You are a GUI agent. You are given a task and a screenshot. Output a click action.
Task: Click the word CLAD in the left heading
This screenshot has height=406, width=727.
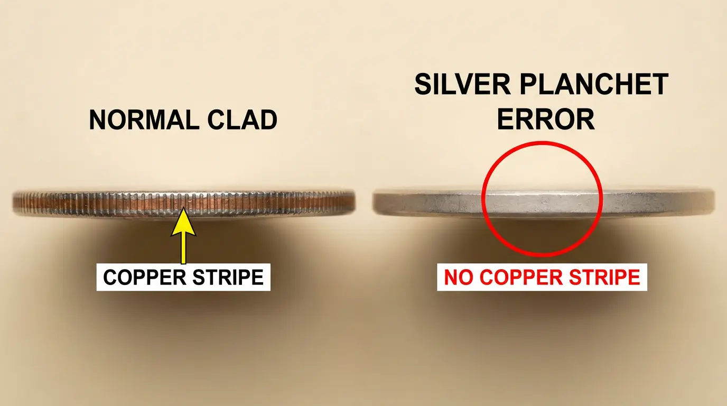(x=243, y=119)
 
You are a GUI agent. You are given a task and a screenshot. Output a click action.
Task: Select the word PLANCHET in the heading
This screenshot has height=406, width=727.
(x=594, y=84)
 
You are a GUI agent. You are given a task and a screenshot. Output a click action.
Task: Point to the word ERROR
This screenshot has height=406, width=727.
(x=546, y=119)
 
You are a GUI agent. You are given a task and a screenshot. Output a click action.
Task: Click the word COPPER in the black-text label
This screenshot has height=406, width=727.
(x=144, y=277)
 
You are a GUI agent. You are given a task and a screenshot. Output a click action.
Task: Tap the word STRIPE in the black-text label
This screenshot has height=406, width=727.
(x=228, y=277)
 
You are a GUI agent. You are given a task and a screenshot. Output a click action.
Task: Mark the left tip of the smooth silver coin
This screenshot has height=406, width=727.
(x=373, y=202)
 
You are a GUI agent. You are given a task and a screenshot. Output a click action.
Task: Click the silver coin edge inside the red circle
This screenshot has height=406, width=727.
(x=542, y=202)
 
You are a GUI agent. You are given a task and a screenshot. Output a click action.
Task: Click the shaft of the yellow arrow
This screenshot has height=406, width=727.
(x=183, y=250)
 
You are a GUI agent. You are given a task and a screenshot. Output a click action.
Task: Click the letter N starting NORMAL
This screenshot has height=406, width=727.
(x=98, y=119)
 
